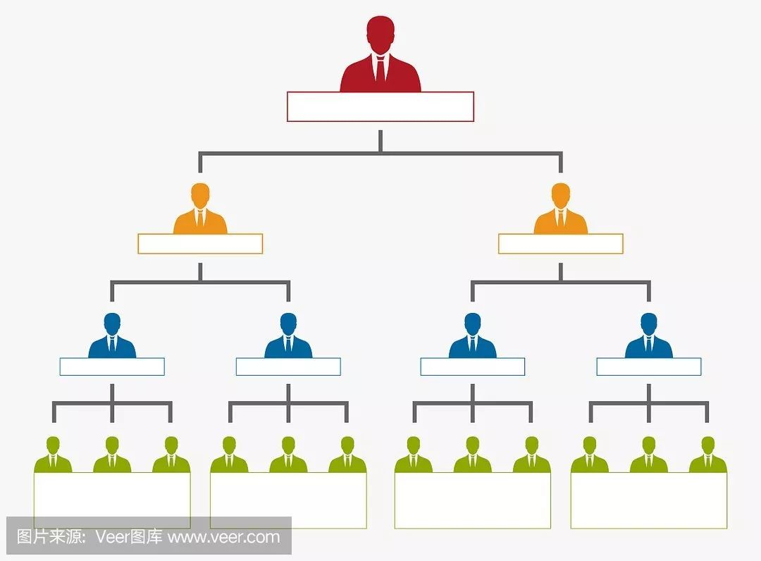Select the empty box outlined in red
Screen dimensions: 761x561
[380, 106]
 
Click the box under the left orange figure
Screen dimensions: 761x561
[200, 244]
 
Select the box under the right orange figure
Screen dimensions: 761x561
[561, 244]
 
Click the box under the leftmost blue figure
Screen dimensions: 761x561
[112, 366]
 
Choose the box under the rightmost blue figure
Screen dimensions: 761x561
[649, 366]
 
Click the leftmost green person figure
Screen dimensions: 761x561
[53, 457]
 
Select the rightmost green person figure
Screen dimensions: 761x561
[707, 457]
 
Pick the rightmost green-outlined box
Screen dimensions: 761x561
[649, 500]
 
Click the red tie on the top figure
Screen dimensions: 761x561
[380, 70]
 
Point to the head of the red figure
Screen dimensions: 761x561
[380, 32]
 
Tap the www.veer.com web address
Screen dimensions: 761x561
[224, 537]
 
